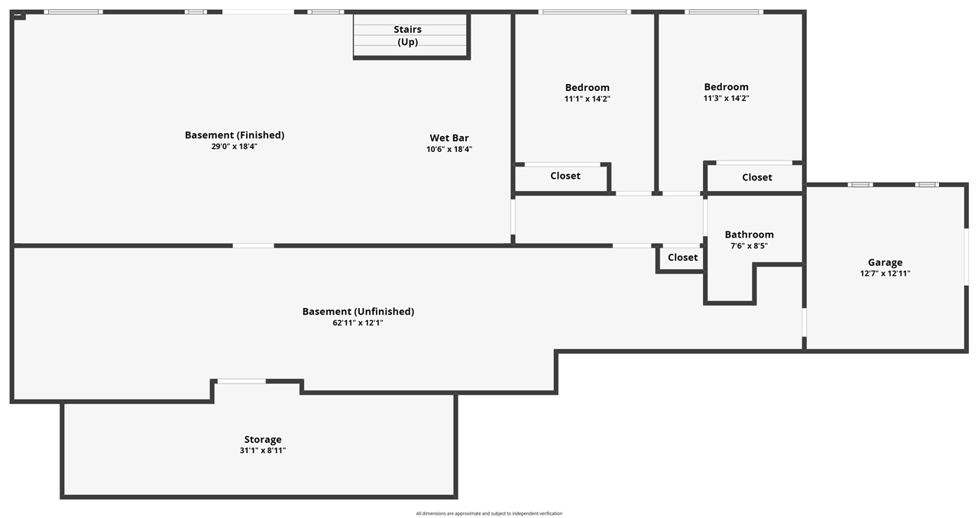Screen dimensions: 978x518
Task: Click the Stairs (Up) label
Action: tap(407, 35)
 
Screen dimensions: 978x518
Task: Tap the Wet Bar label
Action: tap(449, 138)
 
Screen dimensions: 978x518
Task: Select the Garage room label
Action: tap(885, 263)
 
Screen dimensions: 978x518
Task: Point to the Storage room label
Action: tap(263, 439)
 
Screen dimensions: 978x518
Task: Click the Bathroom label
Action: tap(750, 235)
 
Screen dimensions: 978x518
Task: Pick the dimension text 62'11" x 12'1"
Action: tap(358, 322)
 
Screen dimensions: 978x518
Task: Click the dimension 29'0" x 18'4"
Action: tap(235, 147)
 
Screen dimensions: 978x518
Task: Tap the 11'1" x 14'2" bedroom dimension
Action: tap(588, 99)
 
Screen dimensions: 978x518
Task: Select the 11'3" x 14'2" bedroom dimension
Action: tap(726, 99)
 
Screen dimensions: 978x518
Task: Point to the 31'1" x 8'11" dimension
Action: tap(263, 450)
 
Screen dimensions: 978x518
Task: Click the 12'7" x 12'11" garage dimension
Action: tap(885, 274)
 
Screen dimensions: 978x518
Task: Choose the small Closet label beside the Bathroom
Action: tap(683, 257)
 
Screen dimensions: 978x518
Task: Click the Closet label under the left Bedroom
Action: tap(565, 176)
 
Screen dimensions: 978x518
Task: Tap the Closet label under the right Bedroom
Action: tap(757, 177)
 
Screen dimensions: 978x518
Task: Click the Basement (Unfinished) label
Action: tap(358, 312)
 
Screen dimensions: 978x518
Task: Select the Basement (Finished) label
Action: tap(235, 135)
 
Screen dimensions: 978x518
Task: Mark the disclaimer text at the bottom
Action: tap(489, 513)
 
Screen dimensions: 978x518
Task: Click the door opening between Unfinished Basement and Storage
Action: tap(241, 381)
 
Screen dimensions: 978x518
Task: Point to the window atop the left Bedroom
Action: tap(585, 11)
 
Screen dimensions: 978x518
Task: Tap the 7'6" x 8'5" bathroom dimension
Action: tap(750, 246)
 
